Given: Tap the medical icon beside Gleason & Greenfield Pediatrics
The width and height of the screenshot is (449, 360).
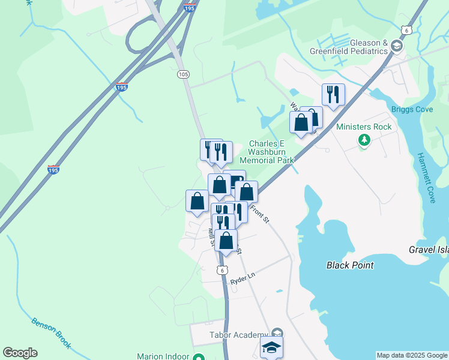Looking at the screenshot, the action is pos(396,46).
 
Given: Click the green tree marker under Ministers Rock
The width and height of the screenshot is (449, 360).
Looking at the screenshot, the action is pos(364,140).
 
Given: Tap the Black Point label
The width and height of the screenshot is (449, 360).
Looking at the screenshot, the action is pos(350,265).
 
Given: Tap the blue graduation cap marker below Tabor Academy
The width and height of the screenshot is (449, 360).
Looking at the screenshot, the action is pos(271,347).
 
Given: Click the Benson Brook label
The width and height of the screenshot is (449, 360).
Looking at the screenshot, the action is pos(52,332).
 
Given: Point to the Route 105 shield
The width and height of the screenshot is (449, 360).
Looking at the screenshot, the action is pos(184,74).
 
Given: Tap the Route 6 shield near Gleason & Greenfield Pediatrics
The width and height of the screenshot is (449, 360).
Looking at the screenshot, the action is pos(408,30).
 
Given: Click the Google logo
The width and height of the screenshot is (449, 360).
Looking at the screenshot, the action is pos(20,353).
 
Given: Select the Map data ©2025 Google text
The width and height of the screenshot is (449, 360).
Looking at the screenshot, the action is pos(412,355).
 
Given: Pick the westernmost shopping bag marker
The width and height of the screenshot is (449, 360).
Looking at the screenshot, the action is pos(197,202).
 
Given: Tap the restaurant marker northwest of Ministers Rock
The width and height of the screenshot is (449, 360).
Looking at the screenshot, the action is pos(333,94).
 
